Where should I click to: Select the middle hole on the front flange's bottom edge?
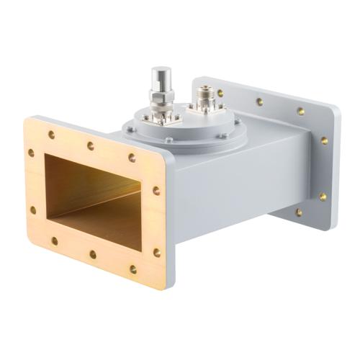click(x=93, y=254)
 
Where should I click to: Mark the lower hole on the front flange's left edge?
click(x=33, y=210)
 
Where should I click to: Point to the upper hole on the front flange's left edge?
click(x=31, y=153)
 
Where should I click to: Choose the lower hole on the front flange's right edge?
click(x=156, y=252)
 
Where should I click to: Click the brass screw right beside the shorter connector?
click(x=220, y=93)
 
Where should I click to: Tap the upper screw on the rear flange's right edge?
click(x=325, y=141)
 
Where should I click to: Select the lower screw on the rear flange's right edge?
click(x=323, y=196)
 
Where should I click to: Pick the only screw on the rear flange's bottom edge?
click(x=298, y=212)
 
